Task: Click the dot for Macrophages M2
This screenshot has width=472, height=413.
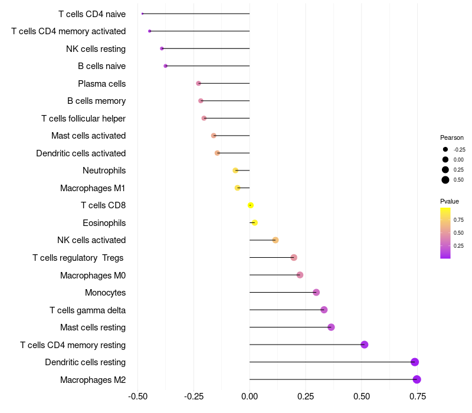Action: pyautogui.click(x=417, y=379)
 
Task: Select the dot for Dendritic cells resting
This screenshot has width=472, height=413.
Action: pyautogui.click(x=415, y=362)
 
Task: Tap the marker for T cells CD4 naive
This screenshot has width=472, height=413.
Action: pyautogui.click(x=143, y=14)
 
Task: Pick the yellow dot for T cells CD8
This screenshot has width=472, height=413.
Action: pyautogui.click(x=251, y=205)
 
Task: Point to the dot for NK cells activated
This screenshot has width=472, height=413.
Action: pyautogui.click(x=276, y=240)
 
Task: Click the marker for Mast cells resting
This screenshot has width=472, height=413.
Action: pyautogui.click(x=331, y=327)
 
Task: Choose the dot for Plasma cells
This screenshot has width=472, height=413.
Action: pyautogui.click(x=199, y=83)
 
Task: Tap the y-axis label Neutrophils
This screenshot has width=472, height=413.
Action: pyautogui.click(x=104, y=171)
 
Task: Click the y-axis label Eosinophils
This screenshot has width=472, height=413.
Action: pyautogui.click(x=104, y=223)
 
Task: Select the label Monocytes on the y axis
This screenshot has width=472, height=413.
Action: pyautogui.click(x=105, y=293)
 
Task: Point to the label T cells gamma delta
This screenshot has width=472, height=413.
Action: pyautogui.click(x=87, y=310)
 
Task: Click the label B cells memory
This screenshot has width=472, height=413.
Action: pyautogui.click(x=96, y=101)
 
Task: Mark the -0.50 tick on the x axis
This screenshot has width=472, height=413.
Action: pyautogui.click(x=137, y=395)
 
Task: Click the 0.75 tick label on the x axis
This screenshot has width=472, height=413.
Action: pyautogui.click(x=418, y=395)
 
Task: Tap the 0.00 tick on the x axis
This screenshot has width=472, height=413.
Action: pyautogui.click(x=250, y=395)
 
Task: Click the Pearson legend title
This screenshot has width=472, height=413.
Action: pyautogui.click(x=452, y=137)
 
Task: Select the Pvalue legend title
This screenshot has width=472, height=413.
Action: pyautogui.click(x=450, y=201)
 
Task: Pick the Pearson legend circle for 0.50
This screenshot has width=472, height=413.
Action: pyautogui.click(x=445, y=180)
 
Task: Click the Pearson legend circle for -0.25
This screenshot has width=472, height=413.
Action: pyautogui.click(x=445, y=149)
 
